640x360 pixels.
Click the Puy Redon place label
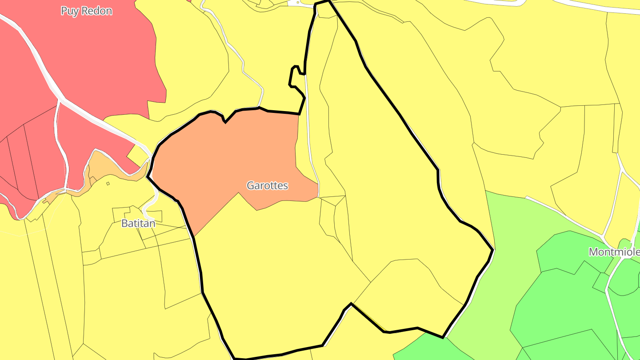click(86, 11)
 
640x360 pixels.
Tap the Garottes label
click(267, 185)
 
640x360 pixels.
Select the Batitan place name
click(138, 223)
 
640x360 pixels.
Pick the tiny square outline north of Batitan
click(108, 183)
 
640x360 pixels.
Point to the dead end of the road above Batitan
click(145, 217)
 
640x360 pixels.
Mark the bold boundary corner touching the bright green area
click(443, 337)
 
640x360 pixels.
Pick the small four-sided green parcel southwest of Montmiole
click(601, 282)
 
